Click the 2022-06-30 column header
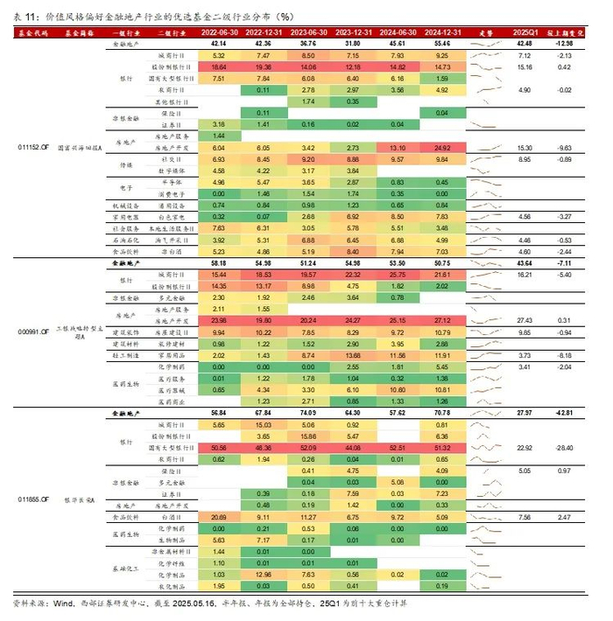[218, 31]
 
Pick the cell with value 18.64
[218, 66]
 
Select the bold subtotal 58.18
[218, 262]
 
